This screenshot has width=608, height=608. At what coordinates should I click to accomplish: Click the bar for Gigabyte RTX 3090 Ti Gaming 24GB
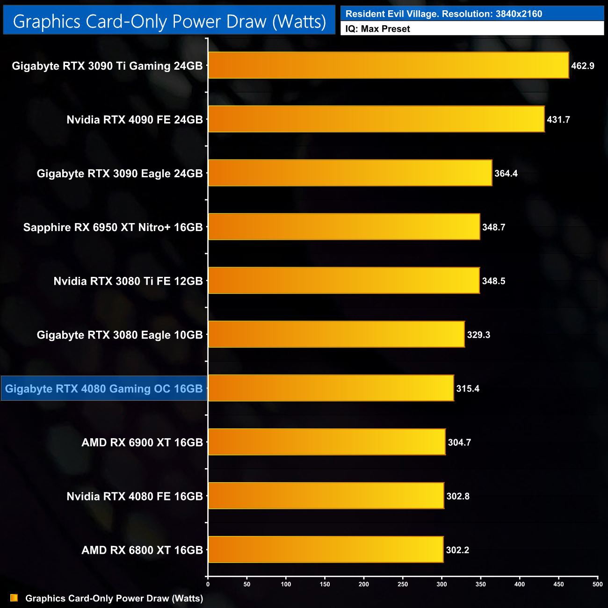pos(388,65)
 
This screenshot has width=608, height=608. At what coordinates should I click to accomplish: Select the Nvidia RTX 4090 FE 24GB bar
pos(376,119)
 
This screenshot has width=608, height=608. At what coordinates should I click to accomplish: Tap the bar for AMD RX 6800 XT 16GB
pos(326,550)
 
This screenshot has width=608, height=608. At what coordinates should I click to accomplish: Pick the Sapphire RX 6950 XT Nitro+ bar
pos(344,227)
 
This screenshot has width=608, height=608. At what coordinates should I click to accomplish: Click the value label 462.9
pos(583,66)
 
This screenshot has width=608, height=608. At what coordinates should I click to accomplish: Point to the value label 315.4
pos(468,389)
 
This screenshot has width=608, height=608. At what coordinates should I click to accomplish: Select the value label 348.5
pos(494,281)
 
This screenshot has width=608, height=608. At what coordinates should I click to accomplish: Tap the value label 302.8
pos(458,496)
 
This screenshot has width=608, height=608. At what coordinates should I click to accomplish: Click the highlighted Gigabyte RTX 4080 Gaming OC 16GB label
pos(104,389)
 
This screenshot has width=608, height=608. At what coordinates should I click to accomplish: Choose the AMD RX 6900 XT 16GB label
pos(142,442)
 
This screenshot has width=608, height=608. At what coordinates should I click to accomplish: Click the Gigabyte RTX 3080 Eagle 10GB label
pos(120,335)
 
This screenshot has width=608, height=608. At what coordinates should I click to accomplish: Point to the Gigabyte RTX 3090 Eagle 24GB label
pos(120,174)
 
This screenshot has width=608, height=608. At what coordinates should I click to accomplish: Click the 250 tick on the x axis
pos(403,584)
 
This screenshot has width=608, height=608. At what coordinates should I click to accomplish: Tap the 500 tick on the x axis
pos(597,584)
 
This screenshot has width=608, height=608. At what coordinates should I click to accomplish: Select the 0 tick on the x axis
pos(208,584)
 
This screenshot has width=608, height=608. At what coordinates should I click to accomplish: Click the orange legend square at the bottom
pos(14,598)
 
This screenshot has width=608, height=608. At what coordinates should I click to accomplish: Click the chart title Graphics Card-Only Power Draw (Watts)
pos(169,22)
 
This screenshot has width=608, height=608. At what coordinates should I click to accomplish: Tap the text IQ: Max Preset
pos(377,29)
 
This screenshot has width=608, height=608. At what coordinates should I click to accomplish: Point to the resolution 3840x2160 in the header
pos(519,14)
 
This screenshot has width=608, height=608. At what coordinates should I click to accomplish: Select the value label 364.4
pos(506,174)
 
